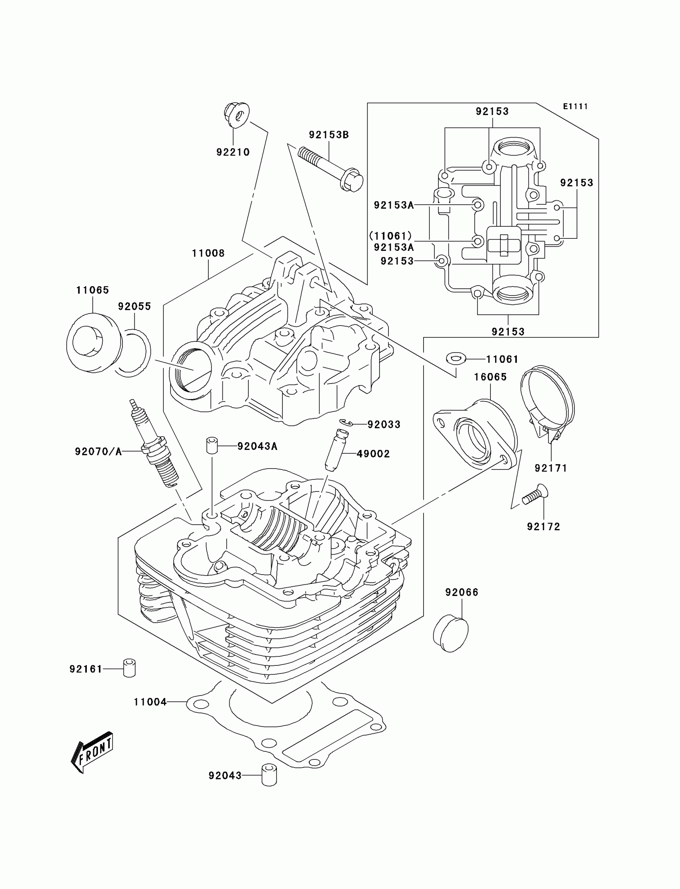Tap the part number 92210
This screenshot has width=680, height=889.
coord(233,152)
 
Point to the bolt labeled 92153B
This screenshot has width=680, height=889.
coord(330,170)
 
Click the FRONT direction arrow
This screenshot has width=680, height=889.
coord(92,752)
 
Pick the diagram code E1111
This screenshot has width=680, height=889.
coord(575,106)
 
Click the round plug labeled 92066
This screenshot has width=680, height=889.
coord(450,633)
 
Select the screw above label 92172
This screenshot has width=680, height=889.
coord(534,495)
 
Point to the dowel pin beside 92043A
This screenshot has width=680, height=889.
coord(211,445)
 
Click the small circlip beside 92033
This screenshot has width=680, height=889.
coord(346,422)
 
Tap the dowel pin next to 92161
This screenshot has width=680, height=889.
coord(129,668)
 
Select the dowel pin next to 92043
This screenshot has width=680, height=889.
coord(269,775)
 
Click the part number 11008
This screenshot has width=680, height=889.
coord(208,253)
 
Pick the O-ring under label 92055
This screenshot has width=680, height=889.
coord(132,353)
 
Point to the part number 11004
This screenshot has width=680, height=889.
coord(150,702)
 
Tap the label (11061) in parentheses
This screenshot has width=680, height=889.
coord(390,236)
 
